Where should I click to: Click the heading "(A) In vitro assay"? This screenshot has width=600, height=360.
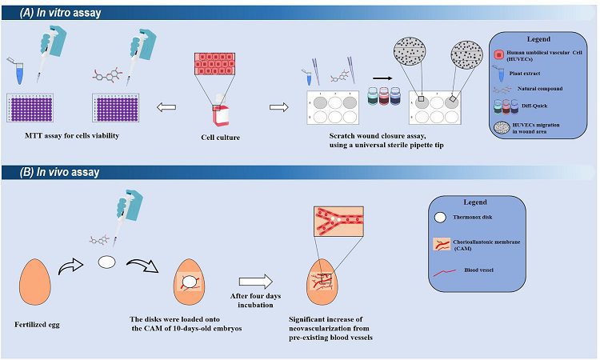pos(61,13)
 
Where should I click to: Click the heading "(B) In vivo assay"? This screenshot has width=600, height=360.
pos(60,172)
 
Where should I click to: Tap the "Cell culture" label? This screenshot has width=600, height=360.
pos(221,138)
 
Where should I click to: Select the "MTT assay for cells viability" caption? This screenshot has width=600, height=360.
pos(72,135)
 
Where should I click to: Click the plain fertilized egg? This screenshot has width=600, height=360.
pos(35,282)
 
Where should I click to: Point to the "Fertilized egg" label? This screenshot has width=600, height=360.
pos(37,325)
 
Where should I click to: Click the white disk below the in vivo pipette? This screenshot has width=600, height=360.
pos(106,262)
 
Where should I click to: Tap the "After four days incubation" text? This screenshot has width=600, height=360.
pos(255,300)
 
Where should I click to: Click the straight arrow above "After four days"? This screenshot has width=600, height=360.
pos(256,282)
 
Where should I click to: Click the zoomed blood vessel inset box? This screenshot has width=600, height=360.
pos(338,221)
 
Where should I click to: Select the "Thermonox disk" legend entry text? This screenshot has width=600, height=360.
pos(473,218)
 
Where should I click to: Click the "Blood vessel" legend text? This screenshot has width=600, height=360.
pos(478,270)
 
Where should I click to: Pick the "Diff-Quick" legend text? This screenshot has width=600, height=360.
pos(534,106)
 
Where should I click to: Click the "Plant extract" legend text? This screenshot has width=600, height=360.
pos(525,73)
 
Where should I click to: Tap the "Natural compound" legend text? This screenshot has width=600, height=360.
pos(540,88)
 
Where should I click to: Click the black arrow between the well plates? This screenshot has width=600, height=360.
pos(382,78)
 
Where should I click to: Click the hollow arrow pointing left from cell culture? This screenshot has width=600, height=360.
pos(166,107)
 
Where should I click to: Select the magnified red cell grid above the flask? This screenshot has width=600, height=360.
pos(214,63)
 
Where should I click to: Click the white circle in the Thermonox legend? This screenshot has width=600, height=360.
pos(441,218)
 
